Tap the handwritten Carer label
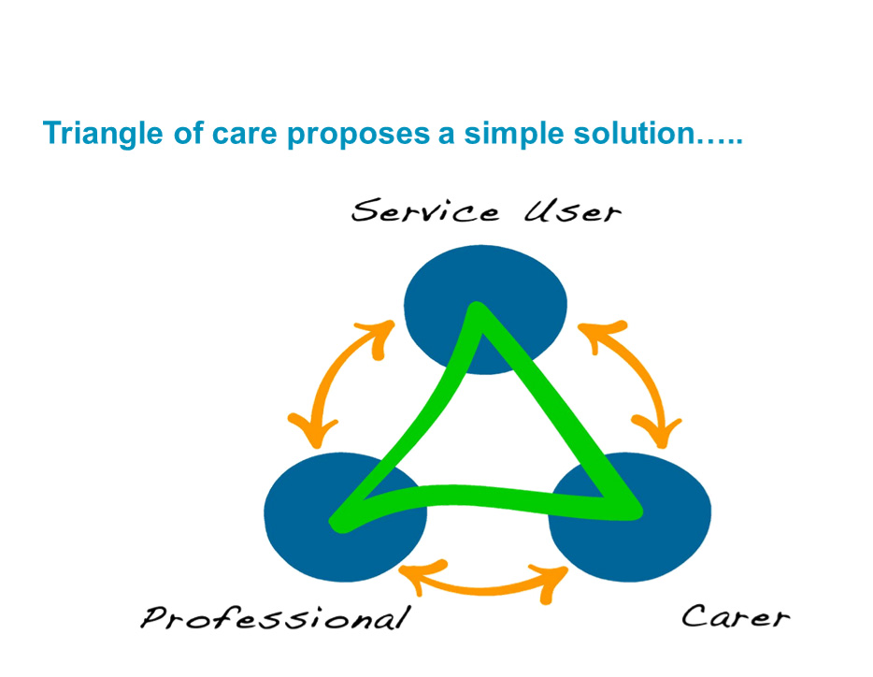[736, 616]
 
